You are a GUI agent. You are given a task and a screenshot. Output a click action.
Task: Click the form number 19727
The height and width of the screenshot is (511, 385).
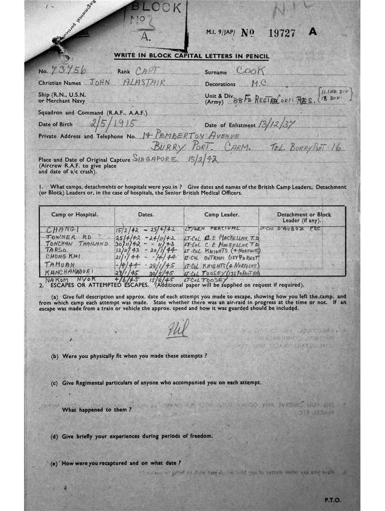(282, 33)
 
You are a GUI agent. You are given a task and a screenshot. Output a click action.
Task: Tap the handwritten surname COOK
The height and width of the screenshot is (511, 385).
(250, 71)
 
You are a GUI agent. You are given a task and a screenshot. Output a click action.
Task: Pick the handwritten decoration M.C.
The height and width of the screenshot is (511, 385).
(259, 83)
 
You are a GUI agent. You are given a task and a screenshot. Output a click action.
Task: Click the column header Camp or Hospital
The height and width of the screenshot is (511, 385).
(75, 215)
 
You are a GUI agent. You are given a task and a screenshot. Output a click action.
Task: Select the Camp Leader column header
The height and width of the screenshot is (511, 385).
(221, 215)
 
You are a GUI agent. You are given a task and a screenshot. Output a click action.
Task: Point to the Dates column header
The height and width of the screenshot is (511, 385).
(146, 215)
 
